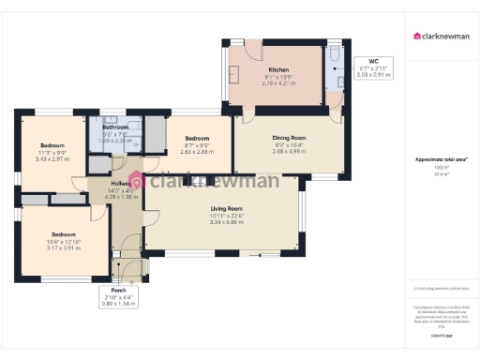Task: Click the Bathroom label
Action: click(x=115, y=127)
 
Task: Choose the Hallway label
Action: click(x=123, y=184)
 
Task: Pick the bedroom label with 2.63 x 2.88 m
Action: click(x=197, y=139)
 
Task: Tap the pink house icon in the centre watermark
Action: click(x=137, y=181)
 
